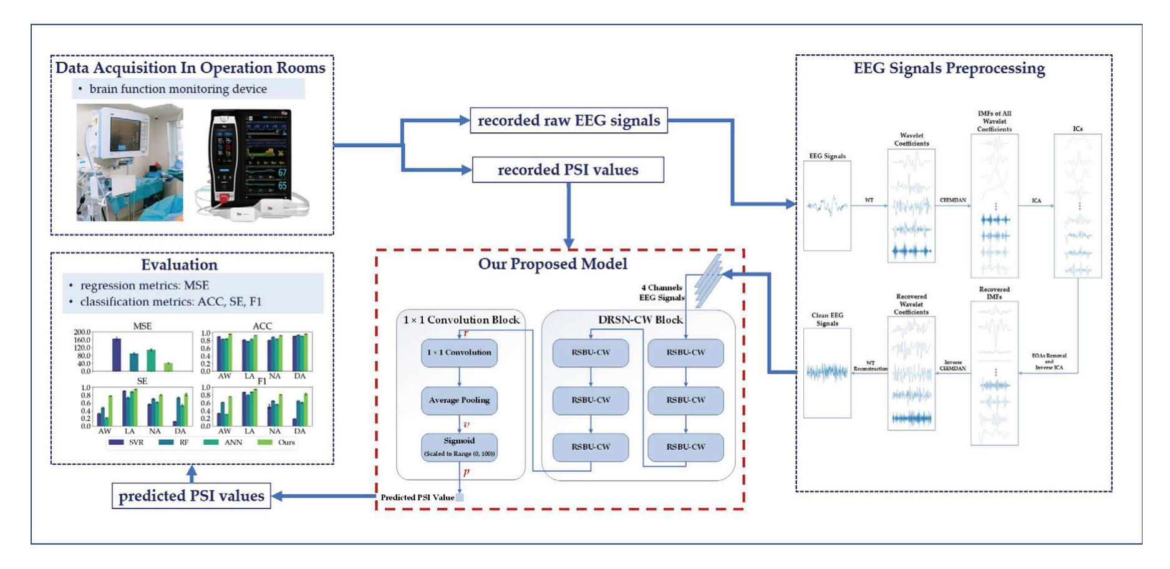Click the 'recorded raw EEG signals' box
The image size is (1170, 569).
pos(568,120)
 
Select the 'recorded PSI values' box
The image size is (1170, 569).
pos(568,170)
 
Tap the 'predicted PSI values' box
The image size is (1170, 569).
pos(191,496)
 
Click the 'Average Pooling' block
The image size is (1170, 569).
pos(459,400)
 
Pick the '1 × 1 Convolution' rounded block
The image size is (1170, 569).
pos(459,353)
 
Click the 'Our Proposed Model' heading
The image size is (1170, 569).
pos(553,264)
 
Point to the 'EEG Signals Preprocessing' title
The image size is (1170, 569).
pos(949,68)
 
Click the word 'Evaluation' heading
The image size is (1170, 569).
pos(179,265)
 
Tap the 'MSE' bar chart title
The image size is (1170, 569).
pos(142,326)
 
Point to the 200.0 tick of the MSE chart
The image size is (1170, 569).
pos(82,333)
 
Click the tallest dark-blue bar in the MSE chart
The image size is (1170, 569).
pos(117,354)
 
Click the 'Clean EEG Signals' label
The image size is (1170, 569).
pos(827,319)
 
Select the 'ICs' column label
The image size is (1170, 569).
pos(1078,129)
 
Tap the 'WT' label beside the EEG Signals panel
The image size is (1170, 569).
pos(869,200)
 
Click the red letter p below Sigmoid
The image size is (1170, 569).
pos(466,472)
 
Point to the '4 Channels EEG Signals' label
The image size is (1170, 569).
pos(662,293)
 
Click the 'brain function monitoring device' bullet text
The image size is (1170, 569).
pos(178,89)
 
